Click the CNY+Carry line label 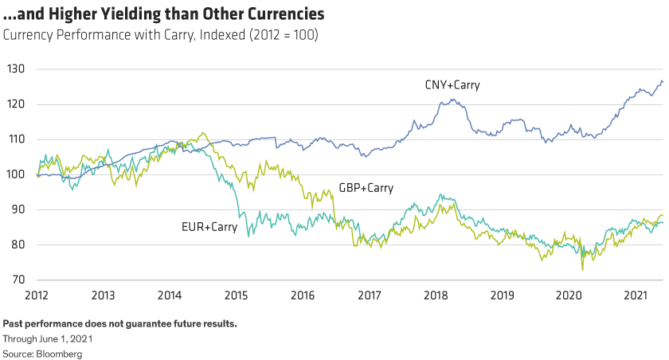pyautogui.click(x=452, y=84)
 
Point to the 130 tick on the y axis pyautogui.click(x=18, y=69)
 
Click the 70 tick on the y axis pyautogui.click(x=19, y=280)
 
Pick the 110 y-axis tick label pyautogui.click(x=18, y=139)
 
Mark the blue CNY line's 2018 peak pyautogui.click(x=452, y=100)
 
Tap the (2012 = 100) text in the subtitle pyautogui.click(x=276, y=36)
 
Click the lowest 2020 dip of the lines pyautogui.click(x=582, y=270)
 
